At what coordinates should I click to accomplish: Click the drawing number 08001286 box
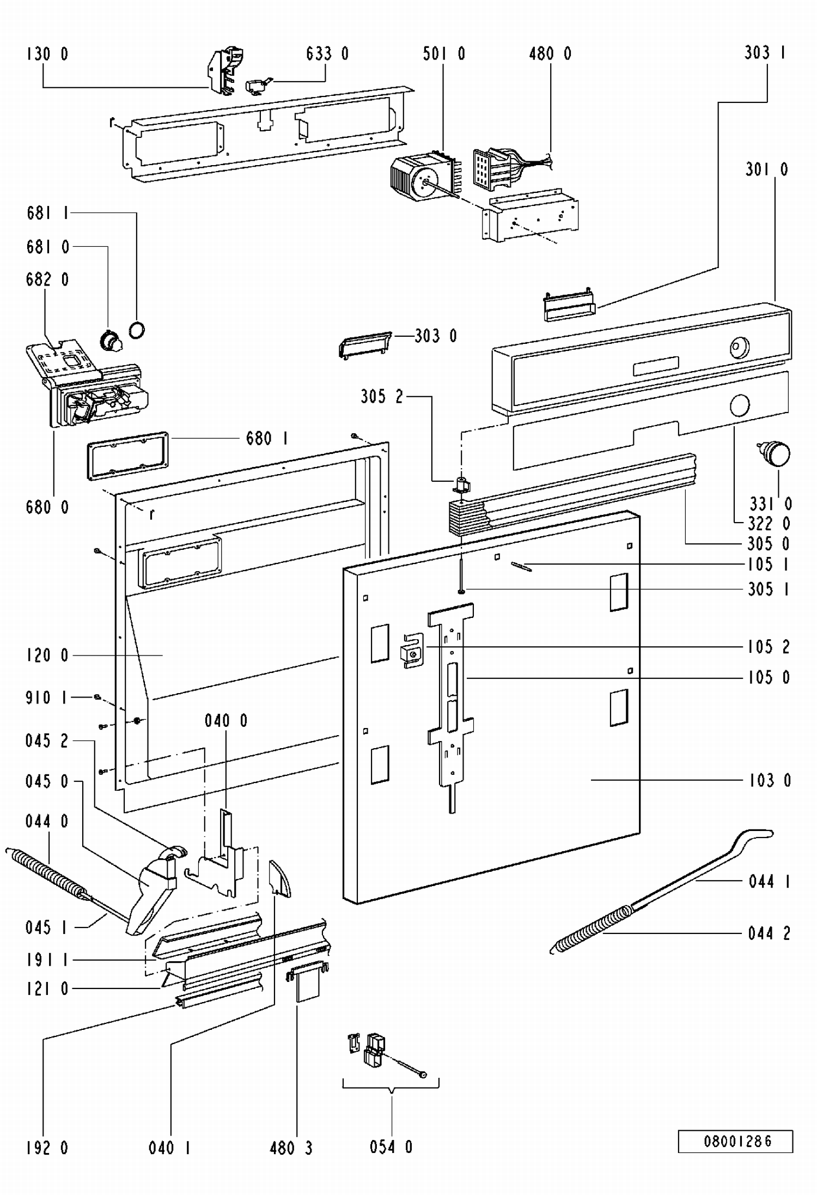tap(735, 1141)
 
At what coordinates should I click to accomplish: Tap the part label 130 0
tap(47, 54)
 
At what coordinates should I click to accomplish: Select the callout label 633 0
tap(327, 53)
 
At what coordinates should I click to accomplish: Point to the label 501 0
tap(444, 53)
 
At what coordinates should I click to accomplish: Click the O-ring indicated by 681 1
tap(137, 330)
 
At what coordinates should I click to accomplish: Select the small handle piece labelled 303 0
tap(364, 344)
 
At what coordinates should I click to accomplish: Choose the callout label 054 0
tap(391, 1147)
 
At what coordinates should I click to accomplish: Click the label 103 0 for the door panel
tap(770, 780)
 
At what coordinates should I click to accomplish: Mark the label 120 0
tap(47, 655)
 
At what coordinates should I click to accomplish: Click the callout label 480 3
tap(291, 1148)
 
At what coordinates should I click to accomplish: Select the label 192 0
tap(47, 1148)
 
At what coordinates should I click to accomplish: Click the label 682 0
tap(47, 280)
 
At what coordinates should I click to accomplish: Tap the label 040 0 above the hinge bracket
tap(226, 721)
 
